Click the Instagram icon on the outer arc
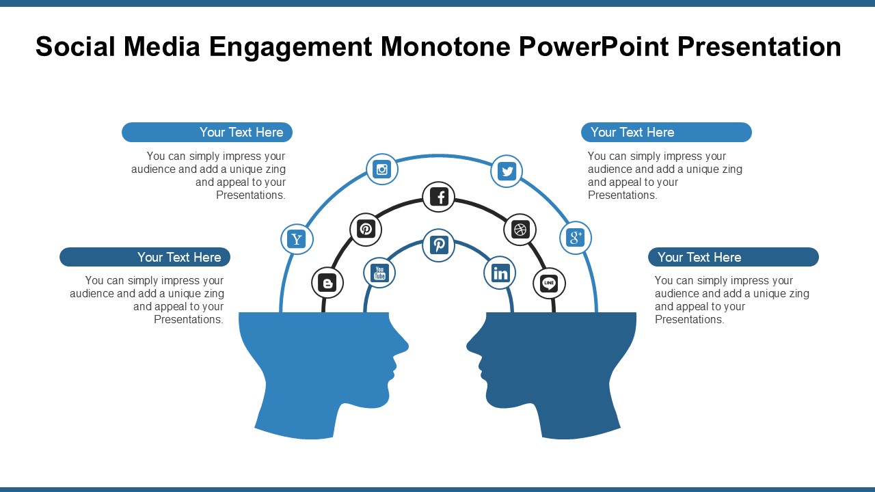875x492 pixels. coord(382,169)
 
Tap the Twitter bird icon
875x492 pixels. coord(507,171)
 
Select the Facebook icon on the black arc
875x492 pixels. coord(439,197)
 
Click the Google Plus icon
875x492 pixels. coord(576,238)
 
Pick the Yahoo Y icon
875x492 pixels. coord(297,239)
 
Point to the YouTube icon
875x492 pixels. coord(379,273)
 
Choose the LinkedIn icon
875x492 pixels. coord(500,273)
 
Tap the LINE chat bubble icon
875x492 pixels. coord(549,283)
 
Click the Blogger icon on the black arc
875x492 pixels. coord(327,283)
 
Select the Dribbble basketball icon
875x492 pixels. coord(520,230)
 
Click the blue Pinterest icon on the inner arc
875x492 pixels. coord(439,245)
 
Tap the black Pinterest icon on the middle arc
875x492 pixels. coord(366,229)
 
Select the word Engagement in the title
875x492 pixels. coord(291,46)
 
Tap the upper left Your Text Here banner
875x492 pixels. coord(207,133)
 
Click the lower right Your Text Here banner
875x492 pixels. coord(733,258)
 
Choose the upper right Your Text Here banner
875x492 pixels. coord(666,133)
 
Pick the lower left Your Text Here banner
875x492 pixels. coord(145,258)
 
